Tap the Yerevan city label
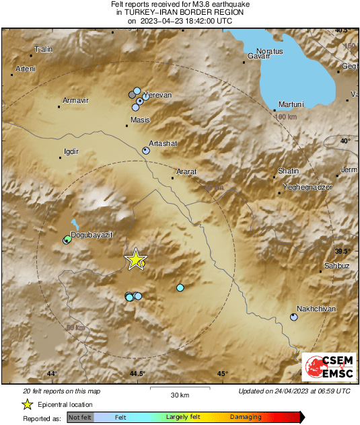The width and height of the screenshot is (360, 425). coord(158,95)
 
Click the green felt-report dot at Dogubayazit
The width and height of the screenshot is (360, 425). coord(67,239)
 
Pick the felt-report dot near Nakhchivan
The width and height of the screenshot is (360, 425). coord(294,317)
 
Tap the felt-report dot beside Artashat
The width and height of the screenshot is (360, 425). coord(146,151)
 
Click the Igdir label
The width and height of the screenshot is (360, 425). coord(69,152)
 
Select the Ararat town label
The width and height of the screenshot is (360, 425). coord(186,172)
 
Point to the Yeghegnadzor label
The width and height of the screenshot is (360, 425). coord(308,186)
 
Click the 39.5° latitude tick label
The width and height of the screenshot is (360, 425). coord(343,251)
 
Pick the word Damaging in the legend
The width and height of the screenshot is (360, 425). coord(246,417)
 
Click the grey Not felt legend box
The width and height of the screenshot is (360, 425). coord(81,418)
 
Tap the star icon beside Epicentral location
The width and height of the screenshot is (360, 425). coord(27,404)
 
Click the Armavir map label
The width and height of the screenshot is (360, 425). coord(75,101)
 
